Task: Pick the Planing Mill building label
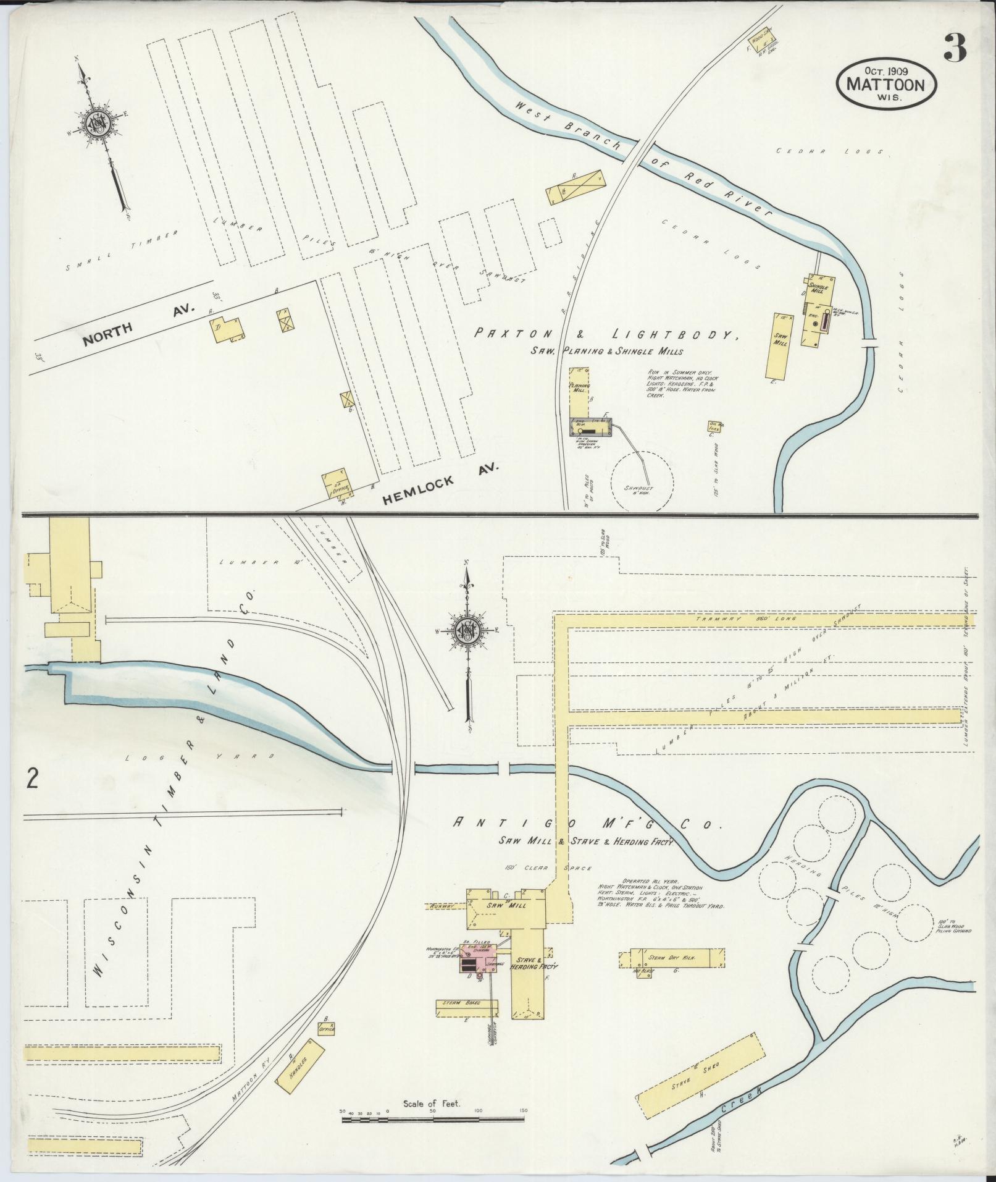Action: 579,387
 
